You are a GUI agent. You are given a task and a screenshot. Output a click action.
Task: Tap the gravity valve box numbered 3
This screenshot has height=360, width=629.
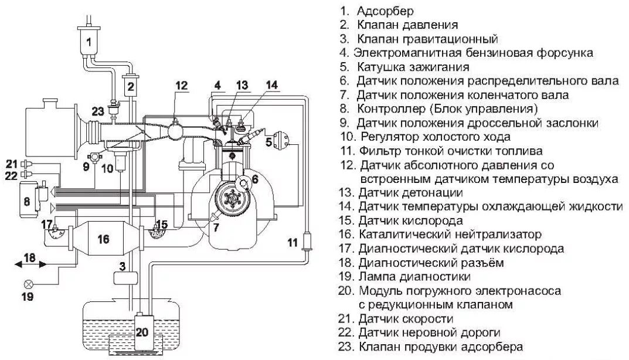122,277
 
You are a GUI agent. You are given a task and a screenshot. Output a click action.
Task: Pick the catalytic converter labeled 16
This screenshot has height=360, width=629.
104,239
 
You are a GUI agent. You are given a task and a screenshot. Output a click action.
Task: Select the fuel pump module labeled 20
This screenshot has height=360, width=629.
144,332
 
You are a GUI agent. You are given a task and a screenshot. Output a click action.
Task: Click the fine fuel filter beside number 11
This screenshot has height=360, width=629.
305,242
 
